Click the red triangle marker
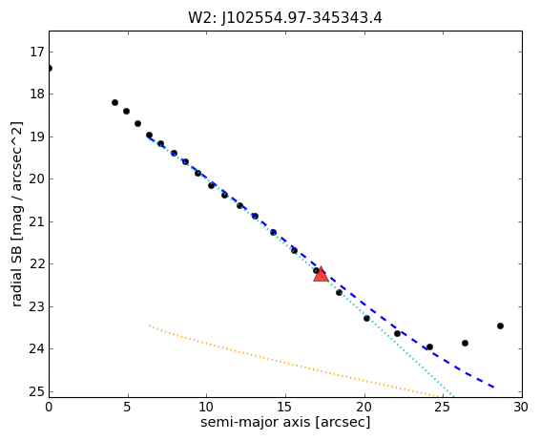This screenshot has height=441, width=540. point(321,274)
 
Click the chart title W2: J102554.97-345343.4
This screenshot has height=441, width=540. point(285,17)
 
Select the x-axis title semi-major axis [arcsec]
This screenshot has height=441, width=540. point(285,422)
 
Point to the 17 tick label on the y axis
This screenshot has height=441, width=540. point(36,52)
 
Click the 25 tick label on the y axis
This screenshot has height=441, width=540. point(36,392)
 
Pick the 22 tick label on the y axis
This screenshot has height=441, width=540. point(36,264)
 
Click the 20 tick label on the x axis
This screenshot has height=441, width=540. point(364,408)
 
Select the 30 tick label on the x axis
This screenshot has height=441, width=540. point(521,408)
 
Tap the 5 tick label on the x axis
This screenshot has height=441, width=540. point(128,408)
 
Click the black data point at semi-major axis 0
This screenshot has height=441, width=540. point(50,68)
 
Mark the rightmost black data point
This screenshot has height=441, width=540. point(500,325)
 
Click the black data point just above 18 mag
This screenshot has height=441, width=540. point(115,103)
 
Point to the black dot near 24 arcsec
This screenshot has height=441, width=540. point(429,346)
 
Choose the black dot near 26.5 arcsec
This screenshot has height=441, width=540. point(465,343)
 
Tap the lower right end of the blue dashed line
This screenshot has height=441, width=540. point(494,388)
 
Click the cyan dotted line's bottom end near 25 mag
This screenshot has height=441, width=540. point(454,396)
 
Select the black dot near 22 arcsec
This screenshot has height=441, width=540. point(397,333)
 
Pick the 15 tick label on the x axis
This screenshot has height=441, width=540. point(285,408)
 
